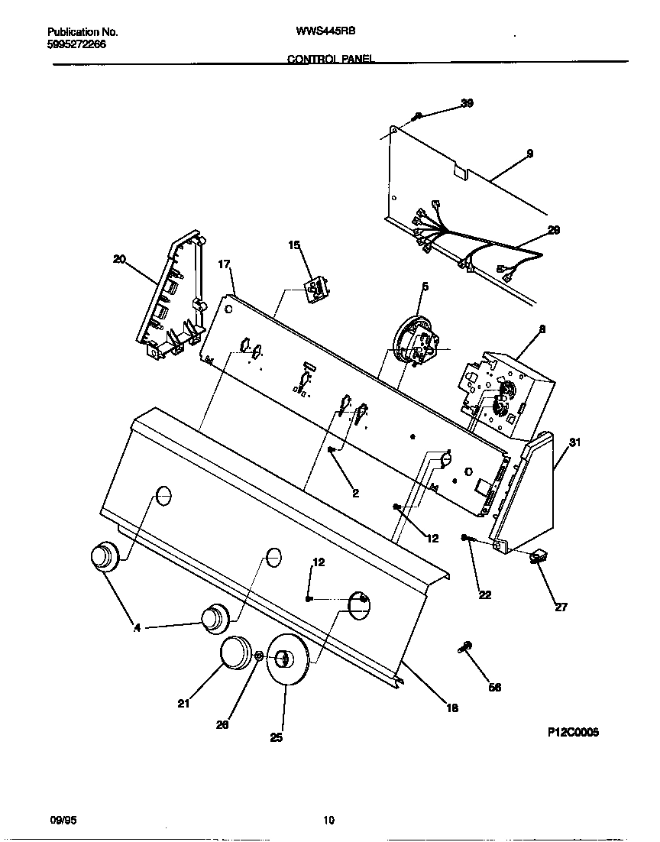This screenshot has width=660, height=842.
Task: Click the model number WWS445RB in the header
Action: click(326, 32)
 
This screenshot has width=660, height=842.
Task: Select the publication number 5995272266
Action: click(76, 44)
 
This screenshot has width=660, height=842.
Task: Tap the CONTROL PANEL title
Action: click(330, 59)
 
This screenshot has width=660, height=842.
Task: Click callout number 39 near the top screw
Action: click(467, 103)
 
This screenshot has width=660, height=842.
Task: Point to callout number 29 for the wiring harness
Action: click(554, 230)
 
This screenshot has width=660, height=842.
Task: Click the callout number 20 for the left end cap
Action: click(119, 259)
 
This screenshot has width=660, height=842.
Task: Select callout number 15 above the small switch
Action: click(294, 245)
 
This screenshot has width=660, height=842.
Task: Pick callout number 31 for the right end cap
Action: click(575, 442)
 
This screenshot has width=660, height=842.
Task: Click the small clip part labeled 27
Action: click(541, 557)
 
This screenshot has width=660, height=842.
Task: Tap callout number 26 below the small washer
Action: click(222, 725)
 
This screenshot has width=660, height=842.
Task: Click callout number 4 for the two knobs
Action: click(137, 628)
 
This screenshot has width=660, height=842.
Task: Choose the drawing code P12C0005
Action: click(573, 732)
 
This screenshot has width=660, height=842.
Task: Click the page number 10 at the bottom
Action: click(328, 821)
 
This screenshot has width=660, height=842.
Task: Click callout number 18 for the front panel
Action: click(451, 708)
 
